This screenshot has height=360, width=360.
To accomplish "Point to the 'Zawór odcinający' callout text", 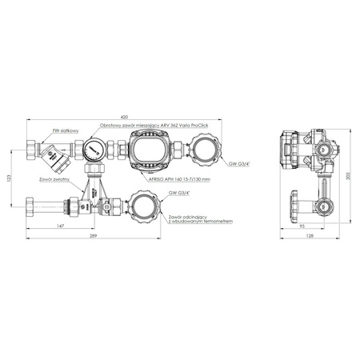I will click(x=190, y=218).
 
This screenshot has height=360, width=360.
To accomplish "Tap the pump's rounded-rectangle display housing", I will click(x=150, y=150).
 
